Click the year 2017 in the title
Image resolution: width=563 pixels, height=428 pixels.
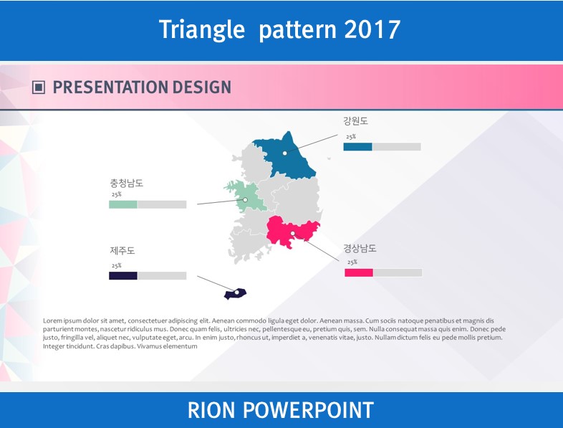pyautogui.click(x=372, y=29)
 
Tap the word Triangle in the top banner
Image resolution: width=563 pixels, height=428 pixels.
pyautogui.click(x=202, y=30)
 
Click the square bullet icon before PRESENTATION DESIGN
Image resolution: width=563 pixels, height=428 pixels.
pyautogui.click(x=39, y=87)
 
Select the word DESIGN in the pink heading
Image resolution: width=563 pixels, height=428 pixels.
pyautogui.click(x=202, y=87)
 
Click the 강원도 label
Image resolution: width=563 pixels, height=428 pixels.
pyautogui.click(x=355, y=120)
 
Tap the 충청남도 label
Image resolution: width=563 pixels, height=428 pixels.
pyautogui.click(x=126, y=183)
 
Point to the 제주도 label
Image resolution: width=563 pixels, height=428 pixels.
pyautogui.click(x=122, y=250)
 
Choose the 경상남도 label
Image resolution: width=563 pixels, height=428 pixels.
pyautogui.click(x=360, y=248)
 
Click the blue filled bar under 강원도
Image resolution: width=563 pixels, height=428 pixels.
pyautogui.click(x=357, y=147)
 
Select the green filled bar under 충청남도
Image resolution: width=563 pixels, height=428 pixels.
pyautogui.click(x=122, y=204)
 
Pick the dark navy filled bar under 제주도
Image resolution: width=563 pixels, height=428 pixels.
pyautogui.click(x=122, y=275)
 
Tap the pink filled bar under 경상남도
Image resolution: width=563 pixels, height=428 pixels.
pyautogui.click(x=359, y=272)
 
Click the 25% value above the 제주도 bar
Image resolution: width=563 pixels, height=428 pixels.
pyautogui.click(x=116, y=265)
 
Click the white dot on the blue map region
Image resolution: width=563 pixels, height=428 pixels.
pyautogui.click(x=285, y=153)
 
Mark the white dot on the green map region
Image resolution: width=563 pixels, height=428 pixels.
pyautogui.click(x=245, y=200)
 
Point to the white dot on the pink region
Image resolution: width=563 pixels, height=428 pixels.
pyautogui.click(x=293, y=234)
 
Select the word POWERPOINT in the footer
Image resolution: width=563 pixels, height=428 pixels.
pyautogui.click(x=308, y=410)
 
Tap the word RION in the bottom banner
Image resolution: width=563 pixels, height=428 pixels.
pyautogui.click(x=211, y=410)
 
